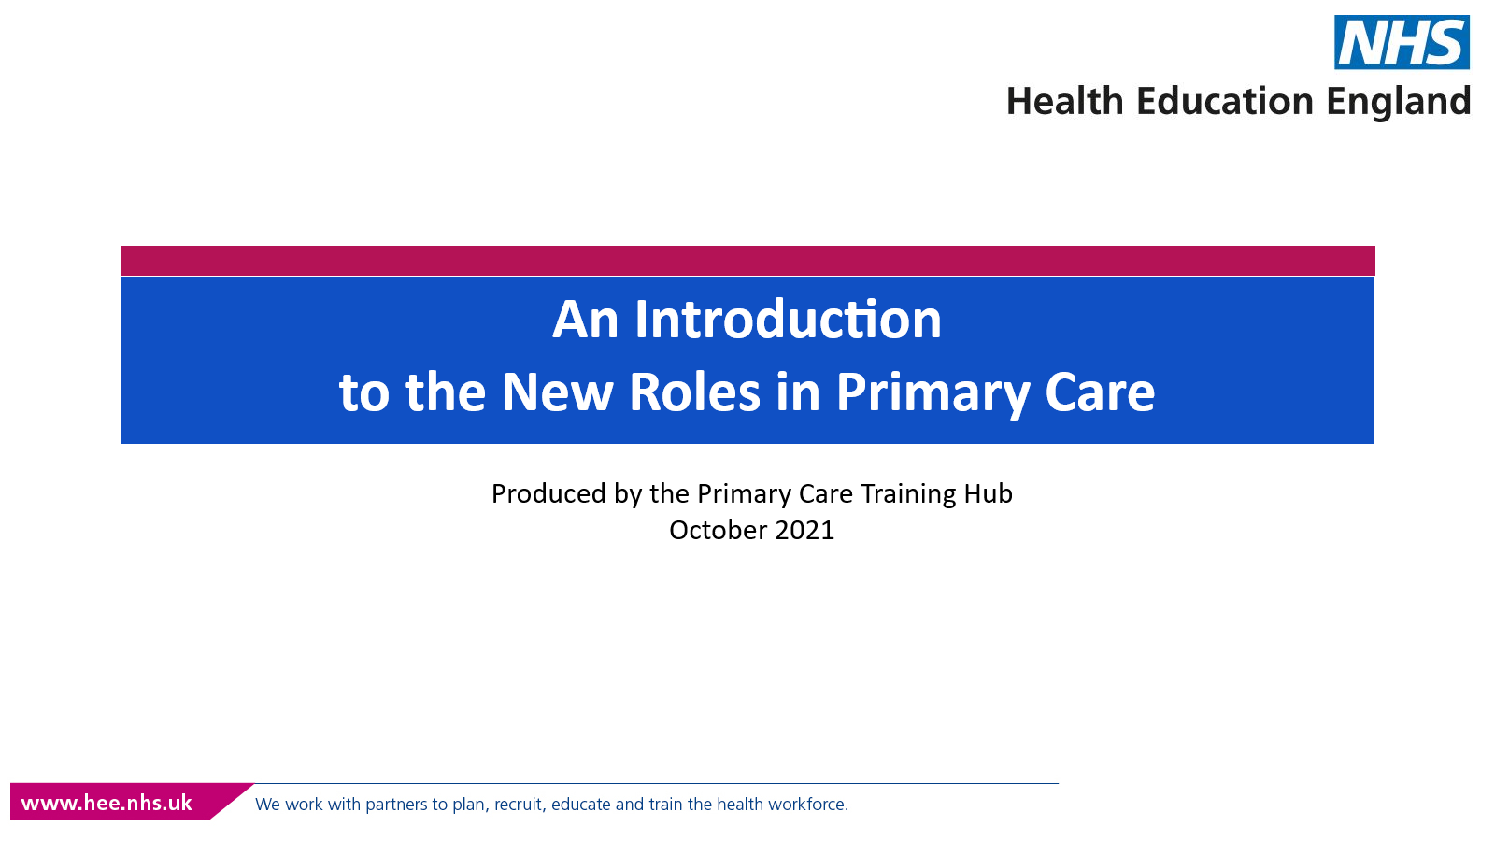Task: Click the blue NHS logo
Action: [1402, 42]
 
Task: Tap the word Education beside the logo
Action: [1225, 101]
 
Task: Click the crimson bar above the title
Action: [747, 261]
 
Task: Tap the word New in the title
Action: [557, 392]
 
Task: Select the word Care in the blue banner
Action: [1100, 392]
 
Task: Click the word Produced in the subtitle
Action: [548, 494]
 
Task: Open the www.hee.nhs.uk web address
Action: [107, 803]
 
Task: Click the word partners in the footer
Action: [397, 805]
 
